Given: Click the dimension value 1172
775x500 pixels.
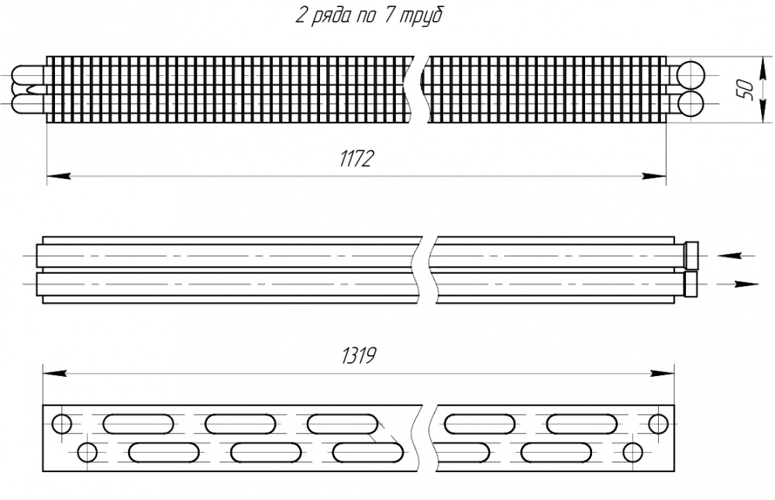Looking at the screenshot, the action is coord(356,160).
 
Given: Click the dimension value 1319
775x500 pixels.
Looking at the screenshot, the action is coord(358,356).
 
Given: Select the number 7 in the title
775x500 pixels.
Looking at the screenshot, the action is coord(385,16).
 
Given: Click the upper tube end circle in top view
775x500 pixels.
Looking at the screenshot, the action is coord(691,74).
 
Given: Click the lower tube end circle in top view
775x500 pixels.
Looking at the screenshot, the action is coord(691,104).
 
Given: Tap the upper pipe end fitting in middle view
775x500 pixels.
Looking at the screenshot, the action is coord(691,254).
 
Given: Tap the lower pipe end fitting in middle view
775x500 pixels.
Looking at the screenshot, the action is coord(691,284).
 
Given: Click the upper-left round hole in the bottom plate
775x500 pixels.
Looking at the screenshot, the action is coord(61,424).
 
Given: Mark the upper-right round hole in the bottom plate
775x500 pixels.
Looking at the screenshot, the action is coord(658,424).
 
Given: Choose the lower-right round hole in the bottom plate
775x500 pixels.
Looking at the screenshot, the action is coord(633,452).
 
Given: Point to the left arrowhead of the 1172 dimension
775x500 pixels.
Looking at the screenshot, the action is coord(58,177).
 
